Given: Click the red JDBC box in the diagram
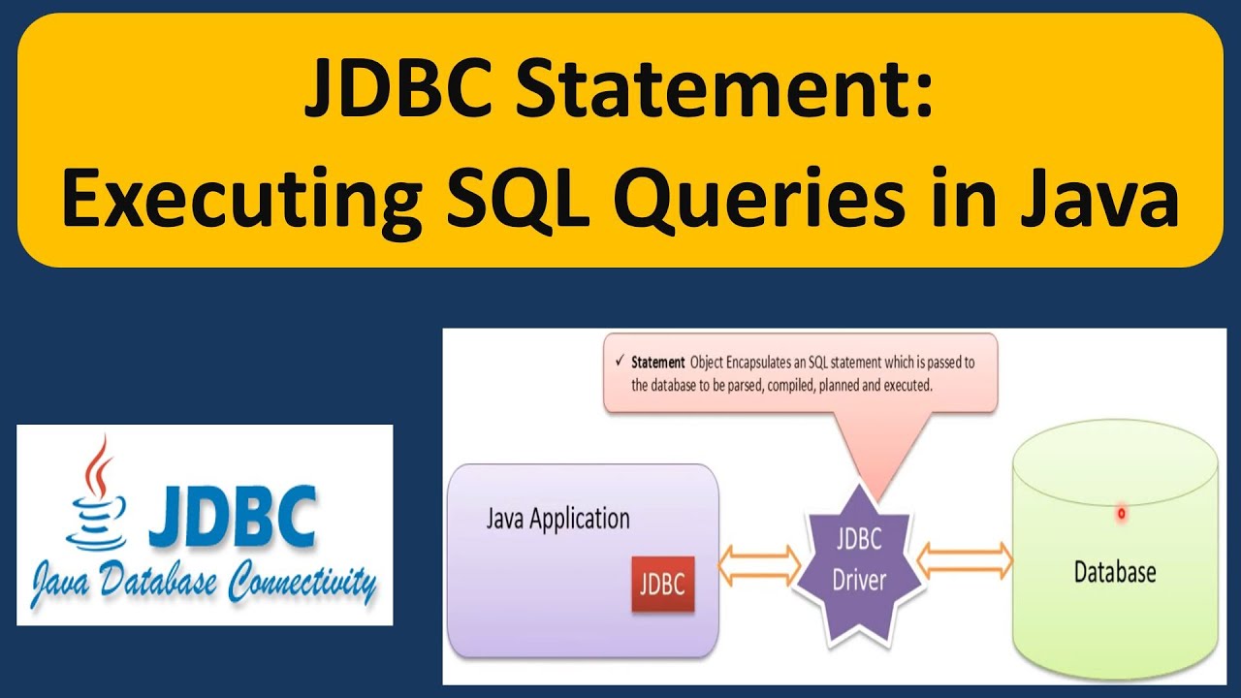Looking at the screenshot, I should click(663, 585).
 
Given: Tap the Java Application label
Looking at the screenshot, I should click(557, 519).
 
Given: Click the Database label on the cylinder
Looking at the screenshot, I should click(1115, 572).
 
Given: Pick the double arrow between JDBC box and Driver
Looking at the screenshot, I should click(759, 561).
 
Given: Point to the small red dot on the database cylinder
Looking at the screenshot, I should click(1122, 514).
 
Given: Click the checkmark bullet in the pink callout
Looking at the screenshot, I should click(620, 363).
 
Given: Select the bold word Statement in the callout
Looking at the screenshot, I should click(658, 364).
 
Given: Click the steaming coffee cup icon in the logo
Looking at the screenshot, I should click(94, 494).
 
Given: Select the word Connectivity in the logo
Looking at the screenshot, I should click(302, 582).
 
